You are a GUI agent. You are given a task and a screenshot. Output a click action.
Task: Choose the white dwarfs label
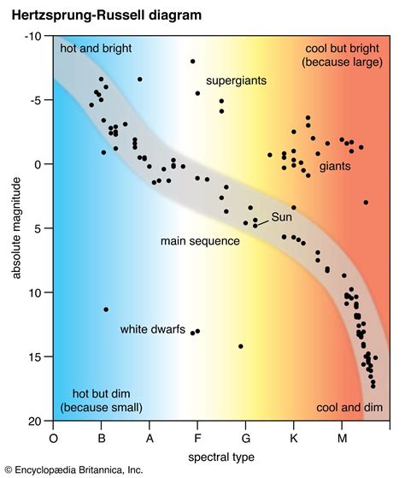pyautogui.click(x=153, y=329)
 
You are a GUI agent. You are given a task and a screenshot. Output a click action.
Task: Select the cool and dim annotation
pyautogui.click(x=349, y=407)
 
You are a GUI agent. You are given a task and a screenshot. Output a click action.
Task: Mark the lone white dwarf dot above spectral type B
pyautogui.click(x=106, y=310)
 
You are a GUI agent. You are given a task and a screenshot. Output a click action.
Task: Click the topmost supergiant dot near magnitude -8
pyautogui.click(x=193, y=62)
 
